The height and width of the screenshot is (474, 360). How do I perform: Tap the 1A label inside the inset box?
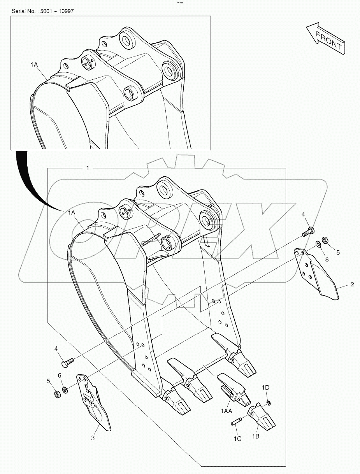pos(34,65)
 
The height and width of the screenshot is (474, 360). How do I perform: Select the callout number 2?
pos(352,284)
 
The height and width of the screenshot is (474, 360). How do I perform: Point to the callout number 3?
pos(93,438)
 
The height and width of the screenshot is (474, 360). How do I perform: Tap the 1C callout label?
pos(237,439)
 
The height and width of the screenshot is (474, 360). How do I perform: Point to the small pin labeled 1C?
pos(237,421)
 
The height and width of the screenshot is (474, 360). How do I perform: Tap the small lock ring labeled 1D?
pos(268,402)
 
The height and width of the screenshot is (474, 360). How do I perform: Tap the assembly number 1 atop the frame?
pos(88,168)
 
